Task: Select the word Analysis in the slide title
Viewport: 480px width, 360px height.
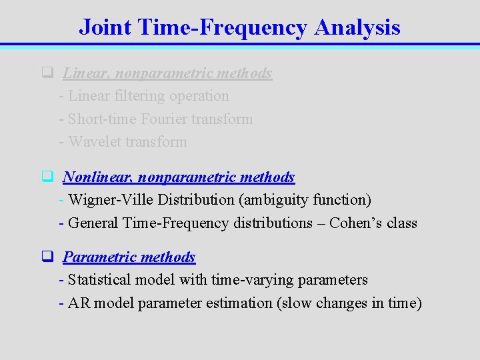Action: click(357, 27)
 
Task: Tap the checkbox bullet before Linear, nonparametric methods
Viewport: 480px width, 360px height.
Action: click(47, 73)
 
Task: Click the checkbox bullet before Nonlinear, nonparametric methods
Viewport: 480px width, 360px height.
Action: click(47, 177)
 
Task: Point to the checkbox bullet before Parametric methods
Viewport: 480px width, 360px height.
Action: click(47, 257)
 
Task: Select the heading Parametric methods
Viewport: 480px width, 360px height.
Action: click(129, 257)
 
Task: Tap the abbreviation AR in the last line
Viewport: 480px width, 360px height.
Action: click(79, 303)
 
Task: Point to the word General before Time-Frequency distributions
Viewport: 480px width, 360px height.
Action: click(93, 223)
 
